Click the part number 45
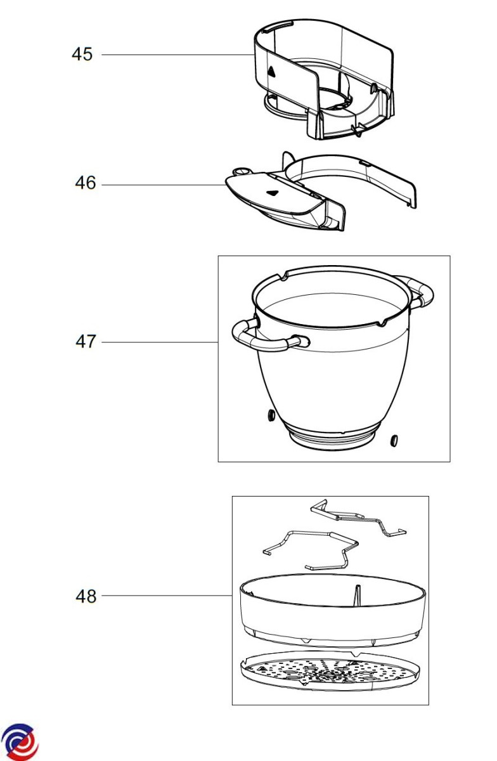coord(82,55)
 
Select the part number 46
coord(86,183)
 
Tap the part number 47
coord(86,341)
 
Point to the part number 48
coord(86,596)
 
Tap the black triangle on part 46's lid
coord(273,193)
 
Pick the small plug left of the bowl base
coord(271,415)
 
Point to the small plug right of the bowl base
coord(394,441)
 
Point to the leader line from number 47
coord(160,342)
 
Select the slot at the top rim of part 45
coord(278,25)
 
